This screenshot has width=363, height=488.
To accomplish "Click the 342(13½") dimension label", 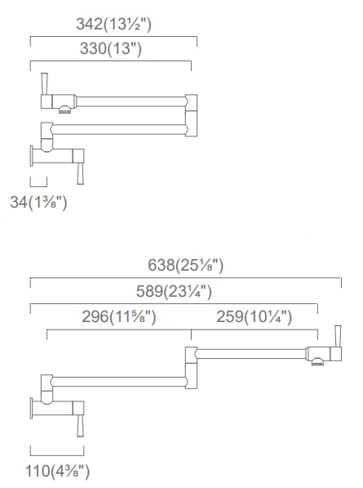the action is [113, 24].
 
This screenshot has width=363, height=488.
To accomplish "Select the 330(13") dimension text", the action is [111, 48].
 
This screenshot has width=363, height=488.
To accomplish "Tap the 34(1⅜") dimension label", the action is [38, 202].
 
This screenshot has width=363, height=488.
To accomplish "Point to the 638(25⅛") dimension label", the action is [185, 266].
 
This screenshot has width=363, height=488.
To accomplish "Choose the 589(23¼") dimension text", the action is [174, 292].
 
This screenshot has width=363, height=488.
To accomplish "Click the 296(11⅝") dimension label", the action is [118, 317].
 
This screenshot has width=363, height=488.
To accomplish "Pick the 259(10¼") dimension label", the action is [254, 317].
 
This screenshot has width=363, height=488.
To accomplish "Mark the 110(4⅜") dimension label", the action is [57, 471].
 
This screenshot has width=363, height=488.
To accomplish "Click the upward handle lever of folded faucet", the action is [44, 83].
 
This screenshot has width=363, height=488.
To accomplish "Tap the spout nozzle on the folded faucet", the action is [65, 110].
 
